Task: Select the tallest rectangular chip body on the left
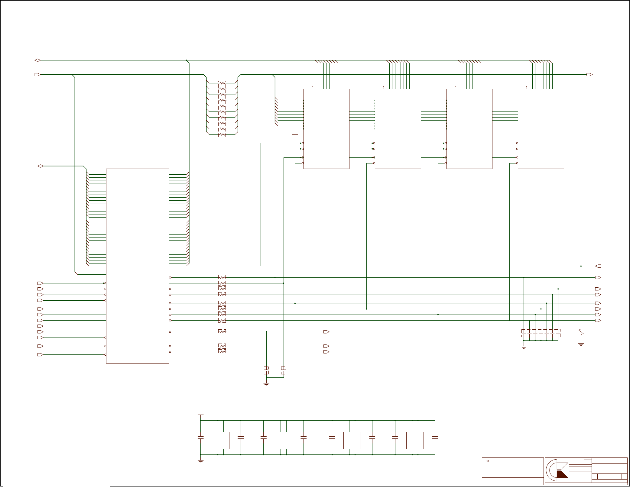138,266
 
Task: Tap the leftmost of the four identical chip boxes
326,129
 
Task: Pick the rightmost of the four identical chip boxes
541,129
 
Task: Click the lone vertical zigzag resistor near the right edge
581,332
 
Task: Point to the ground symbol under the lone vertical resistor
581,344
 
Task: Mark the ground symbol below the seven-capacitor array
524,347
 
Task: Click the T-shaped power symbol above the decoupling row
200,415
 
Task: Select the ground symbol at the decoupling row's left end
200,461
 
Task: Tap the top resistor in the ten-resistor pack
222,83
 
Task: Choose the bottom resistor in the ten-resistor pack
222,135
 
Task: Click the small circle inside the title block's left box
487,461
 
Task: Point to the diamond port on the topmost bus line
37,60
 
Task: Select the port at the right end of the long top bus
589,74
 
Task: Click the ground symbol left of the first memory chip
295,135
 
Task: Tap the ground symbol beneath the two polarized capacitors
266,384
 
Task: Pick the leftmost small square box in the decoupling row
220,440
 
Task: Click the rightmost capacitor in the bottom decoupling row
435,437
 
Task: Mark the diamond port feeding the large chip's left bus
40,166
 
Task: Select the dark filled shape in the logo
562,474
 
